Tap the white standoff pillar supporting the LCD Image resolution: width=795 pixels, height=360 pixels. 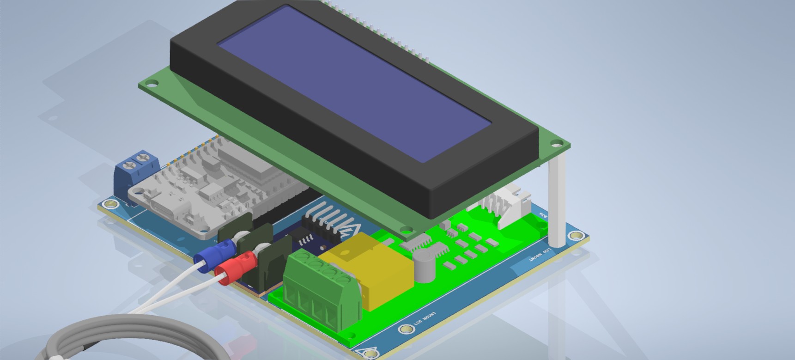click(557, 199)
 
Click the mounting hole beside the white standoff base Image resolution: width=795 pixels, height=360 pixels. click(575, 236)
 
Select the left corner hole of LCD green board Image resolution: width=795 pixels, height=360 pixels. click(151, 84)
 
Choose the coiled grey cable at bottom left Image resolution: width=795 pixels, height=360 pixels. click(115, 333)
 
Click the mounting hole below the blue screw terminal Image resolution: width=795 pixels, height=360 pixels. click(110, 204)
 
